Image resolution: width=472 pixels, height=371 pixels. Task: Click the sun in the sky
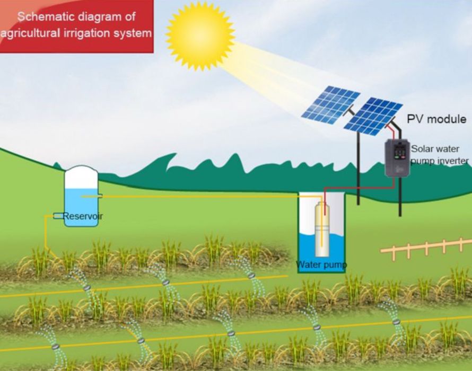click(x=200, y=36)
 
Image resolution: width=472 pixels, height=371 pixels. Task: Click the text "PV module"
click(x=436, y=119)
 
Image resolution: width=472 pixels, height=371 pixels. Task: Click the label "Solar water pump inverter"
click(x=440, y=154)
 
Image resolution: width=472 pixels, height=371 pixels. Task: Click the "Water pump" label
click(x=321, y=264)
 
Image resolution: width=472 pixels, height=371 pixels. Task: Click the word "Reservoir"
click(x=83, y=216)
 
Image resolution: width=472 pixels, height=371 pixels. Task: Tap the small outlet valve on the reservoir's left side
click(x=58, y=216)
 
